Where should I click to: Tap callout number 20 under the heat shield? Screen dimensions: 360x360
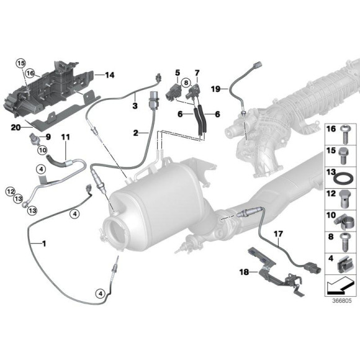click(x=16, y=127)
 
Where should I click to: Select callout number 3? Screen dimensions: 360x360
click(x=134, y=106)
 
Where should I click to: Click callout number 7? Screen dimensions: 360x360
click(x=197, y=73)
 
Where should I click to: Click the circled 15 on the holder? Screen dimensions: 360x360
click(x=20, y=63)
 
